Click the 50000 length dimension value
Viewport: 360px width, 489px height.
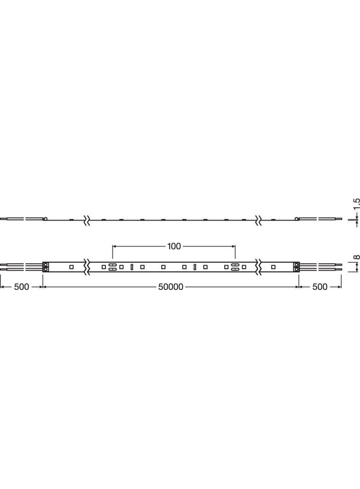[x=170, y=287]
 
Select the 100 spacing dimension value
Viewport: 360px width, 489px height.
[x=174, y=246]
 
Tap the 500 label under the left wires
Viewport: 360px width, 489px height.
[x=21, y=287]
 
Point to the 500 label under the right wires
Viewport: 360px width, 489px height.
[x=320, y=287]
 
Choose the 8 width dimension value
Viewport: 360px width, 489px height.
[x=357, y=257]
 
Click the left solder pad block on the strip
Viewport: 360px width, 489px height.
[x=45, y=267]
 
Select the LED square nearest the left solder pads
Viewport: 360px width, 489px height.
[x=71, y=267]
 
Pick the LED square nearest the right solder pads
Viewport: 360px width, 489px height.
[x=273, y=267]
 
